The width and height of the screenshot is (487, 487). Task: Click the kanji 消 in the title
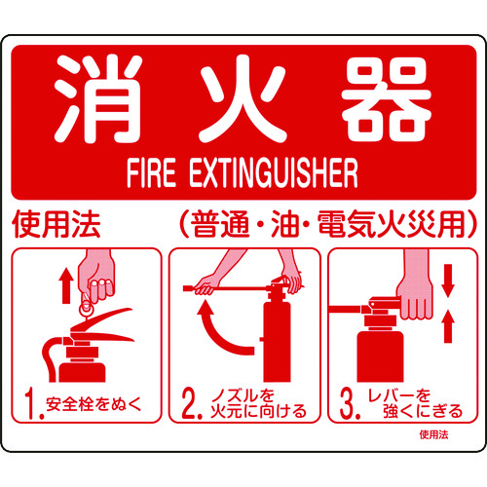(x=95, y=102)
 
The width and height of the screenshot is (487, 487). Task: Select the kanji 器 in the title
(x=387, y=102)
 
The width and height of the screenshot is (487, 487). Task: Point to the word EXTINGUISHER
(x=276, y=176)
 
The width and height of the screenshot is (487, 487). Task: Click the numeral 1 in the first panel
(x=33, y=400)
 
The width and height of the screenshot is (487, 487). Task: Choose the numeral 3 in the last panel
(x=348, y=400)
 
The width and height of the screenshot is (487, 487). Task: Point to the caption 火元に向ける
(x=257, y=411)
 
